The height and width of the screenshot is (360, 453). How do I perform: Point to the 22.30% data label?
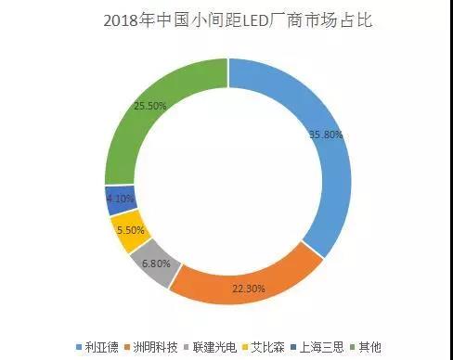249,289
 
